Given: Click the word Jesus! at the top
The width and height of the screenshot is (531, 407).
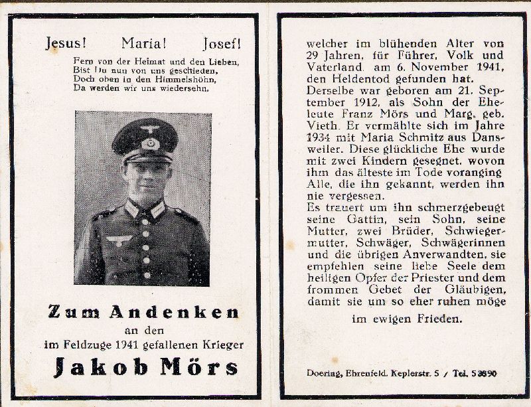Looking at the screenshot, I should click(65, 44).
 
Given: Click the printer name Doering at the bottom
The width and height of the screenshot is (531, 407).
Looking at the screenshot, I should click(324, 373).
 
